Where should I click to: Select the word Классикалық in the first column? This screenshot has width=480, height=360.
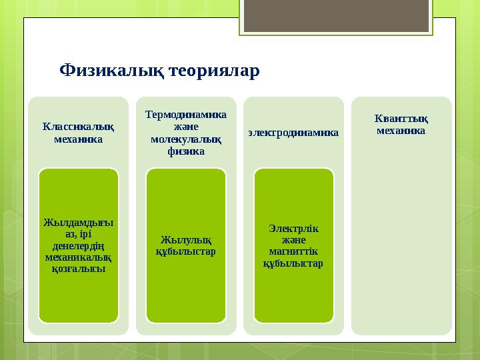(x=78, y=127)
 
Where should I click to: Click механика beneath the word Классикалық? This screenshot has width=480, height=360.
(x=78, y=139)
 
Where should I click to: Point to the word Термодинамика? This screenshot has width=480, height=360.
(x=186, y=114)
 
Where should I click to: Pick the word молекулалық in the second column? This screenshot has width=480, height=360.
(x=186, y=139)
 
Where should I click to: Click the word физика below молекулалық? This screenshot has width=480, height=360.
(x=186, y=152)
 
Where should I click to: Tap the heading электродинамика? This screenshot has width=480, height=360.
(x=293, y=133)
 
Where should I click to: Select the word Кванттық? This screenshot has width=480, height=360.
(x=401, y=119)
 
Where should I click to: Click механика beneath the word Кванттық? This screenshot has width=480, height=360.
(x=401, y=131)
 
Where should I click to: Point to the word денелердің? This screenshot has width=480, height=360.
(x=78, y=245)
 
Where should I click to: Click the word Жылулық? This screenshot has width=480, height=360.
(x=186, y=239)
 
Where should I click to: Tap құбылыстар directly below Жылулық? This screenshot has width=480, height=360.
(x=186, y=251)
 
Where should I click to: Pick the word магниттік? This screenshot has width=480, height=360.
(x=293, y=251)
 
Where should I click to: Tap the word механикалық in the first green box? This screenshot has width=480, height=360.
(x=78, y=257)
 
